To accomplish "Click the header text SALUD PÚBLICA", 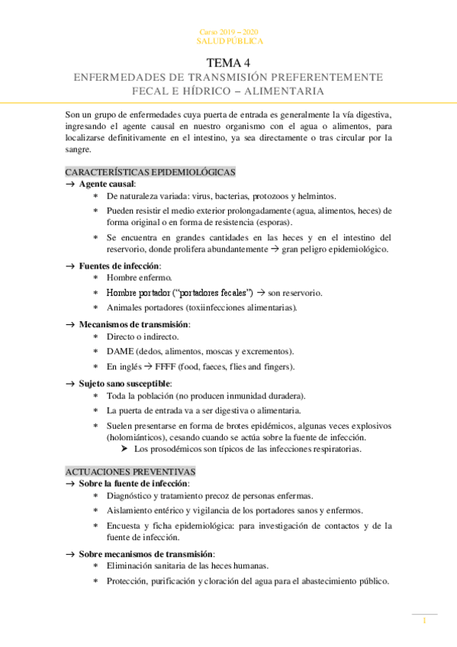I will tap(228, 40).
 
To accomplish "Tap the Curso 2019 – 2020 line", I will tap(228, 31).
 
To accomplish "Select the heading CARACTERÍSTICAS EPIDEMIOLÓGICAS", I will tap(150, 172).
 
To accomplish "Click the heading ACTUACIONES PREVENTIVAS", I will tap(130, 472).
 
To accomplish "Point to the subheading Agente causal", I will tap(107, 184).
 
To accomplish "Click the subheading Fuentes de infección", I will tap(120, 265).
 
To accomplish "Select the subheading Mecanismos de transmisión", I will tap(134, 324).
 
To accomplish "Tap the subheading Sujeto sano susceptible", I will tap(125, 383).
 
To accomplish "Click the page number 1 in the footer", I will tap(424, 622).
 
